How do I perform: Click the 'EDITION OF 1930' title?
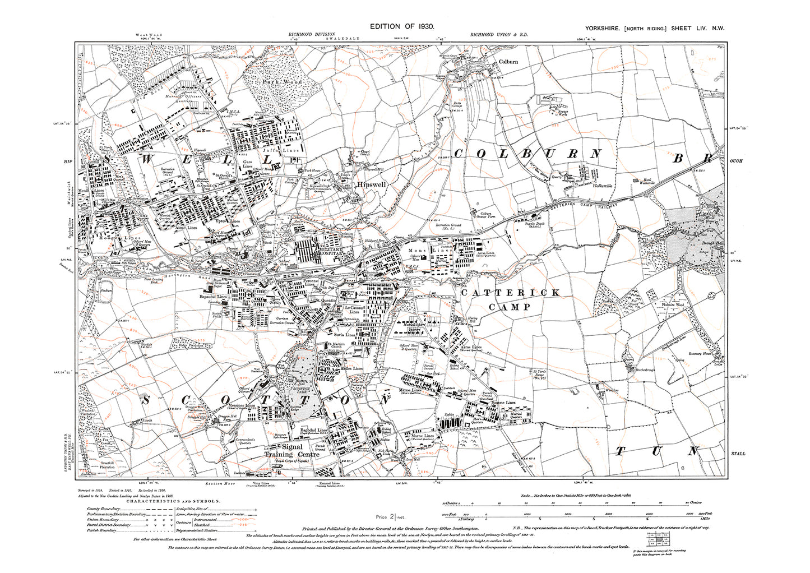click(401, 26)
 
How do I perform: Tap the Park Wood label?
click(282, 82)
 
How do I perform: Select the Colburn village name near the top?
click(508, 62)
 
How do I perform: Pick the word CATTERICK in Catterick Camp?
click(510, 293)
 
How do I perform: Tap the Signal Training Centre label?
click(292, 451)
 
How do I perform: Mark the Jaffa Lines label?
click(288, 150)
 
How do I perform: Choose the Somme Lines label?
click(503, 403)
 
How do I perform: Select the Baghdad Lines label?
click(314, 430)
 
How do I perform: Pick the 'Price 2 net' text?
click(390, 516)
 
